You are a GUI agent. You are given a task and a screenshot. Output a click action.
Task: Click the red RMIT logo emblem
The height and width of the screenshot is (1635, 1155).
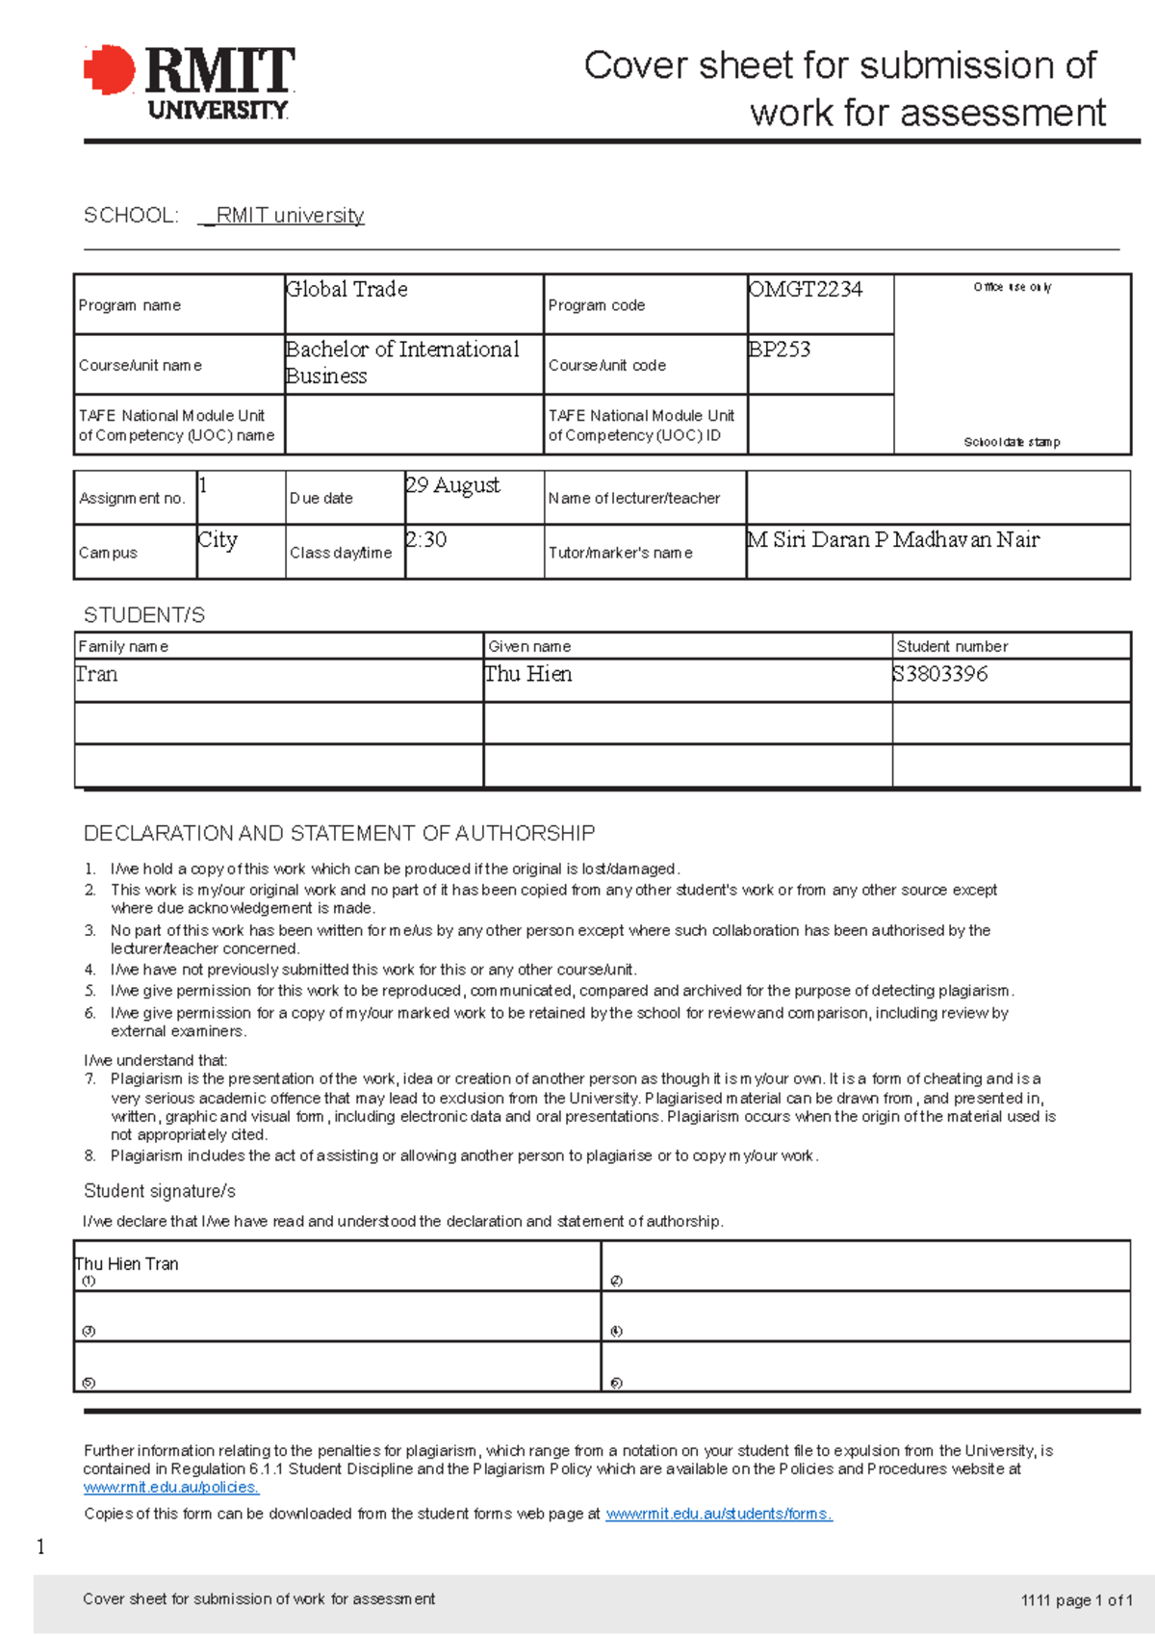coord(110,70)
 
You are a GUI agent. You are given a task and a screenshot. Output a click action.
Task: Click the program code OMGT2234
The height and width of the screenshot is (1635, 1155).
coord(806,290)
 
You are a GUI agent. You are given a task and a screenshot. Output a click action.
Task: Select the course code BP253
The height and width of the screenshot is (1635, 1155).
coord(780,350)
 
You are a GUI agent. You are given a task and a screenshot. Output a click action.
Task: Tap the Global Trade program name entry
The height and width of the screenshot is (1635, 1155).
coord(346,290)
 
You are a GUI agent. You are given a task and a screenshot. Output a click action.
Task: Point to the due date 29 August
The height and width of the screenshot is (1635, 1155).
coord(452,485)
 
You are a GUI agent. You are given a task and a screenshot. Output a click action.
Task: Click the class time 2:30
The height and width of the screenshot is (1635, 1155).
coord(426,540)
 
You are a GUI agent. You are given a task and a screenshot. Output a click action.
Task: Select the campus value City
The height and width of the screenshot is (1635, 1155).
coord(218,540)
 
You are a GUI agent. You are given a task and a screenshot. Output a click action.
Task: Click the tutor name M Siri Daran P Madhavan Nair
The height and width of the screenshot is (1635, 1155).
coord(893,540)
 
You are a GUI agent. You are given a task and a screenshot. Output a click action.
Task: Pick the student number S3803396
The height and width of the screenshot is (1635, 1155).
coord(940,674)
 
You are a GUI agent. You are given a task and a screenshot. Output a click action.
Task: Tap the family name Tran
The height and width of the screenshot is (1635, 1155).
coord(97,674)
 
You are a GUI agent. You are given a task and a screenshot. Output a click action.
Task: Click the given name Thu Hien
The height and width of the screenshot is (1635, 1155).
coord(528,674)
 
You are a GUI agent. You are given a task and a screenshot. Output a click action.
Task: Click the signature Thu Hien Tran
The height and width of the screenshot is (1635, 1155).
coord(127,1263)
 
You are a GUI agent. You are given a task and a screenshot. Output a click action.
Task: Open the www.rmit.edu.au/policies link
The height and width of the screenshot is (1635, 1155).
coord(171,1488)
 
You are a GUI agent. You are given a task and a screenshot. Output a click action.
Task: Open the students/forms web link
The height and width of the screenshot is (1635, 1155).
coord(718,1514)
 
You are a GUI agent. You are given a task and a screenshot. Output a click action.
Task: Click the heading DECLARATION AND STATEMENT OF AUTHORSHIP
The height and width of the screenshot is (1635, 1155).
coord(339,833)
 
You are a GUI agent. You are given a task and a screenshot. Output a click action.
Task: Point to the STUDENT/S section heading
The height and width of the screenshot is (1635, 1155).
coord(144,615)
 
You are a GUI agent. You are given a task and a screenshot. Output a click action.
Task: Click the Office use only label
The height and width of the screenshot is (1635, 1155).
coord(1012,287)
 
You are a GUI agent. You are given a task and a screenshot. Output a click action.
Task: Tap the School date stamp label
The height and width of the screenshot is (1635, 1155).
coord(1012,442)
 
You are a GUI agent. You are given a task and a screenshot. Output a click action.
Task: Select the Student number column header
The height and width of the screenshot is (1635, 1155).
coord(952,646)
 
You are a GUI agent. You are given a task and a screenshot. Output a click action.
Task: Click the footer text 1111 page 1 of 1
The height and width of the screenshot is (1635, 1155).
coord(1076,1600)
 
